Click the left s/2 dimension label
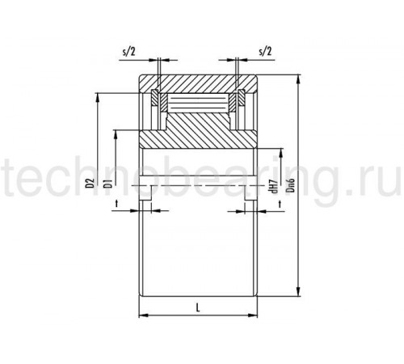click(128, 51)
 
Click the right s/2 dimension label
click(265, 51)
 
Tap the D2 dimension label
click(92, 183)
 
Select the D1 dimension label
click(108, 183)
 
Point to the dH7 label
click(275, 186)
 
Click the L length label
click(198, 307)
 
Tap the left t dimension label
click(116, 204)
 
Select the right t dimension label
click(280, 204)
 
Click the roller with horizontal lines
click(199, 104)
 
